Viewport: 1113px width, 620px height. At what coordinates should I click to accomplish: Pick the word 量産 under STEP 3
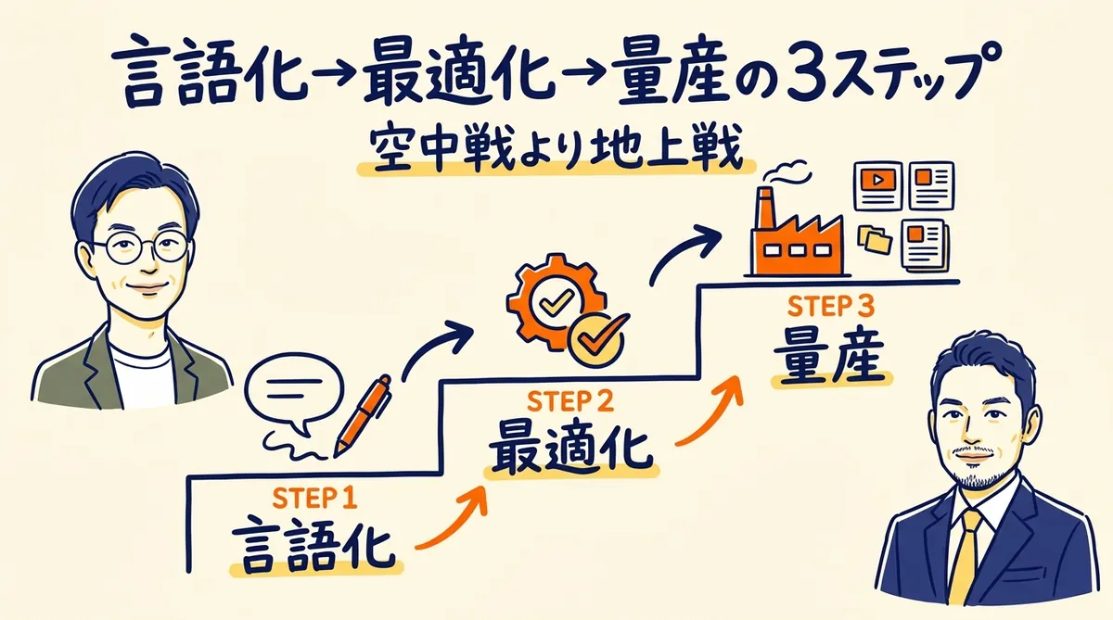click(827, 357)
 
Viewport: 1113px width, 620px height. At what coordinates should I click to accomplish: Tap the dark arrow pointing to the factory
click(685, 251)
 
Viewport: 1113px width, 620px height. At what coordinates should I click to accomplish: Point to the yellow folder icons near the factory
click(876, 238)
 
